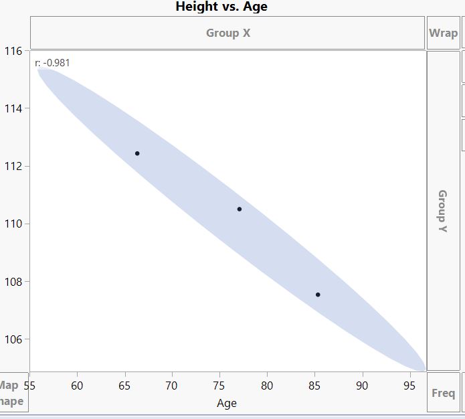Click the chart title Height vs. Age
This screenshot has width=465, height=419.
(221, 7)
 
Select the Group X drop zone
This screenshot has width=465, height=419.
(227, 33)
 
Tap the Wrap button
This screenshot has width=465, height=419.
(443, 33)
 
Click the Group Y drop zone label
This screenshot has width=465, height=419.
(442, 211)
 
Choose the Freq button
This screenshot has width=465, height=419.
(443, 393)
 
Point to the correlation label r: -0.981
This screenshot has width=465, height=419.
(52, 63)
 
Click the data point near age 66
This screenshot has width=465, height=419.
(137, 153)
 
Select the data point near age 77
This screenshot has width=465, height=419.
(240, 209)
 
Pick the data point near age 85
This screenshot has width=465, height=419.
(318, 295)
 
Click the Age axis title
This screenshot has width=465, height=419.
(227, 403)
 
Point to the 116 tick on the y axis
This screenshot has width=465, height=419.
(13, 51)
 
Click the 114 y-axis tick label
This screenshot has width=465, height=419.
(13, 108)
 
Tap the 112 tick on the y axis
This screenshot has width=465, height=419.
(13, 166)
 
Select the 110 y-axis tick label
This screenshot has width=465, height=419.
(13, 224)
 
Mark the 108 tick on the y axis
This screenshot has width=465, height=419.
(13, 282)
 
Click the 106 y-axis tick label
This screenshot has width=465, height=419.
(13, 339)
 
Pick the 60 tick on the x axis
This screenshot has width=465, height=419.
(77, 385)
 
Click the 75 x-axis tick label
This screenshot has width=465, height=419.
(219, 385)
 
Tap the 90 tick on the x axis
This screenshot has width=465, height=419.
(362, 385)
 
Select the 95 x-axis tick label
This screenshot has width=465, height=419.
(409, 385)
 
